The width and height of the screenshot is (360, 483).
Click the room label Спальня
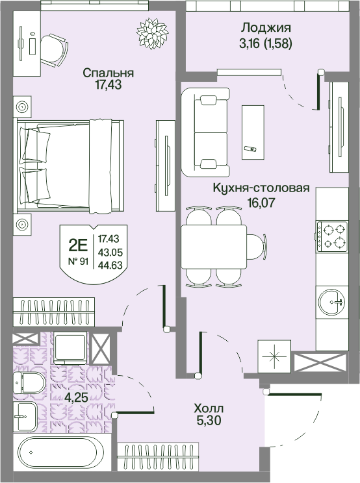tap(108, 73)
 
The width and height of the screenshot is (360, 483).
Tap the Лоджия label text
tap(266, 28)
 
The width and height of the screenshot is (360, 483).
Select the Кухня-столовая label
tap(261, 188)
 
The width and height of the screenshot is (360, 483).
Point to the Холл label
tap(209, 409)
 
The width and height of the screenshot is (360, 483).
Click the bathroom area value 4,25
tap(76, 398)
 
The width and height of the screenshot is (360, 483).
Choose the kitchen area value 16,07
tap(261, 203)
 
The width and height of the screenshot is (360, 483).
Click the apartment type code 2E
tap(78, 245)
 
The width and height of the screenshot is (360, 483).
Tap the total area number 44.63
tap(110, 265)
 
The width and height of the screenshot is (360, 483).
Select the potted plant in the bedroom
tap(152, 34)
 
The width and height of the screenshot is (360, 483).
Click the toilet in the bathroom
tap(29, 383)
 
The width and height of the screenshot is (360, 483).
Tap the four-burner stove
tap(331, 234)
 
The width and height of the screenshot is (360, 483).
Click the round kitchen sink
tap(332, 302)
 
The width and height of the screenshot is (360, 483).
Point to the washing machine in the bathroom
tap(70, 348)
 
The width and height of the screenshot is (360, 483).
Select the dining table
tap(214, 247)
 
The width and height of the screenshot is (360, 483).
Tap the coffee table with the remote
tap(253, 132)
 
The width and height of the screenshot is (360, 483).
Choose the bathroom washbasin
tap(27, 416)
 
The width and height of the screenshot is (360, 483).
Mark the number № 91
tap(78, 262)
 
